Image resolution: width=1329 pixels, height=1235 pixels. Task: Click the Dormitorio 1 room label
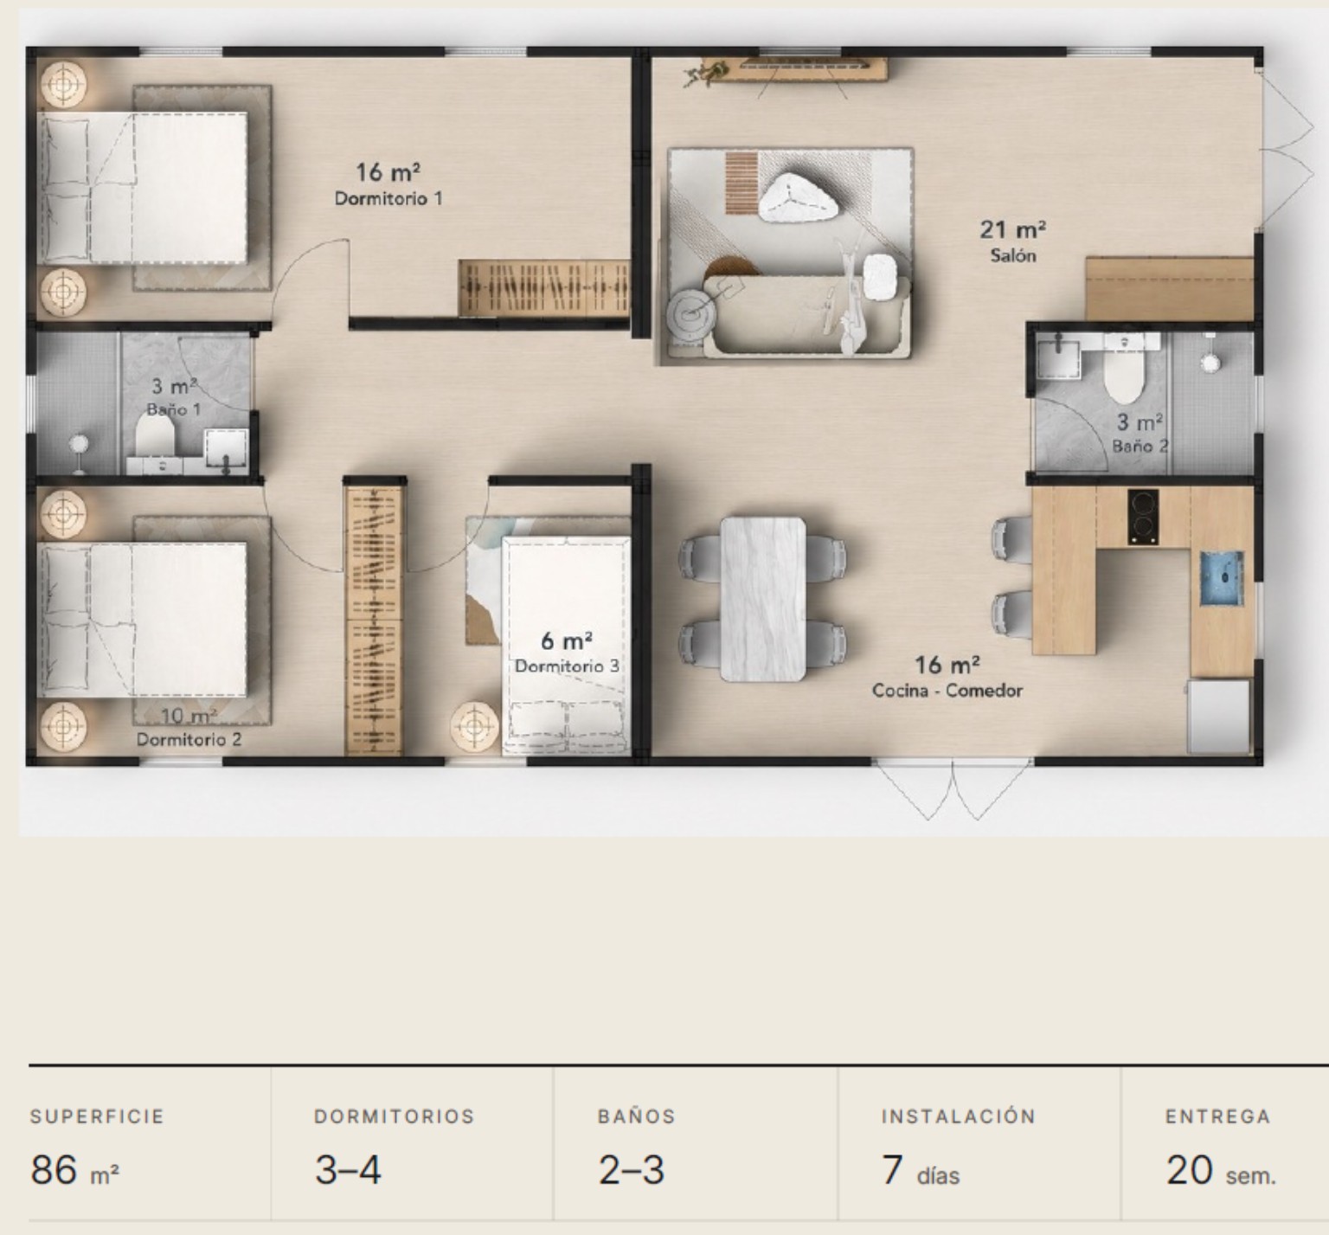pos(388,198)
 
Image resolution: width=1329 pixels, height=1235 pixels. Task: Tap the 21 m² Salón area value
pos(1012,229)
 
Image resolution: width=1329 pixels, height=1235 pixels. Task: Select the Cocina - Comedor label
pos(947,691)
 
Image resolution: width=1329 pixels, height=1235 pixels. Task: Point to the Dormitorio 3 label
pos(567,666)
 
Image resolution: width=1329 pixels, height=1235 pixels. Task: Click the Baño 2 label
pos(1140,447)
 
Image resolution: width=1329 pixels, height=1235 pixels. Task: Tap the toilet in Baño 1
pos(157,434)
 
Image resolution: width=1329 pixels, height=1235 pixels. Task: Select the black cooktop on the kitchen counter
pos(1143,517)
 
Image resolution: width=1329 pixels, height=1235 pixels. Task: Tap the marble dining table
pos(762,599)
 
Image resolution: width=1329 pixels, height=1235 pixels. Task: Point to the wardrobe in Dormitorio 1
pos(543,287)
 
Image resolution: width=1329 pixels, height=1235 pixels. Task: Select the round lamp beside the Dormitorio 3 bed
pos(474,725)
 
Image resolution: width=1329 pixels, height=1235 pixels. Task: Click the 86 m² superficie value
pos(74,1171)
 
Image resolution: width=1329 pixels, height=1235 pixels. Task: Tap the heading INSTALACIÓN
pos(959,1116)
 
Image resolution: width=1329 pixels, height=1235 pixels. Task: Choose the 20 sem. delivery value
pos(1221,1171)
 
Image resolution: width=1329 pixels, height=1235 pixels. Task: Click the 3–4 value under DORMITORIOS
pos(348,1171)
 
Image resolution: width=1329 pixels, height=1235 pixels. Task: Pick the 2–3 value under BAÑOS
pos(632,1171)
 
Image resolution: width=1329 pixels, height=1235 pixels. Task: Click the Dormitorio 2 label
pos(189,740)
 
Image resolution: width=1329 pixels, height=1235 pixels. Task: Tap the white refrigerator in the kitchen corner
pos(1220,717)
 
